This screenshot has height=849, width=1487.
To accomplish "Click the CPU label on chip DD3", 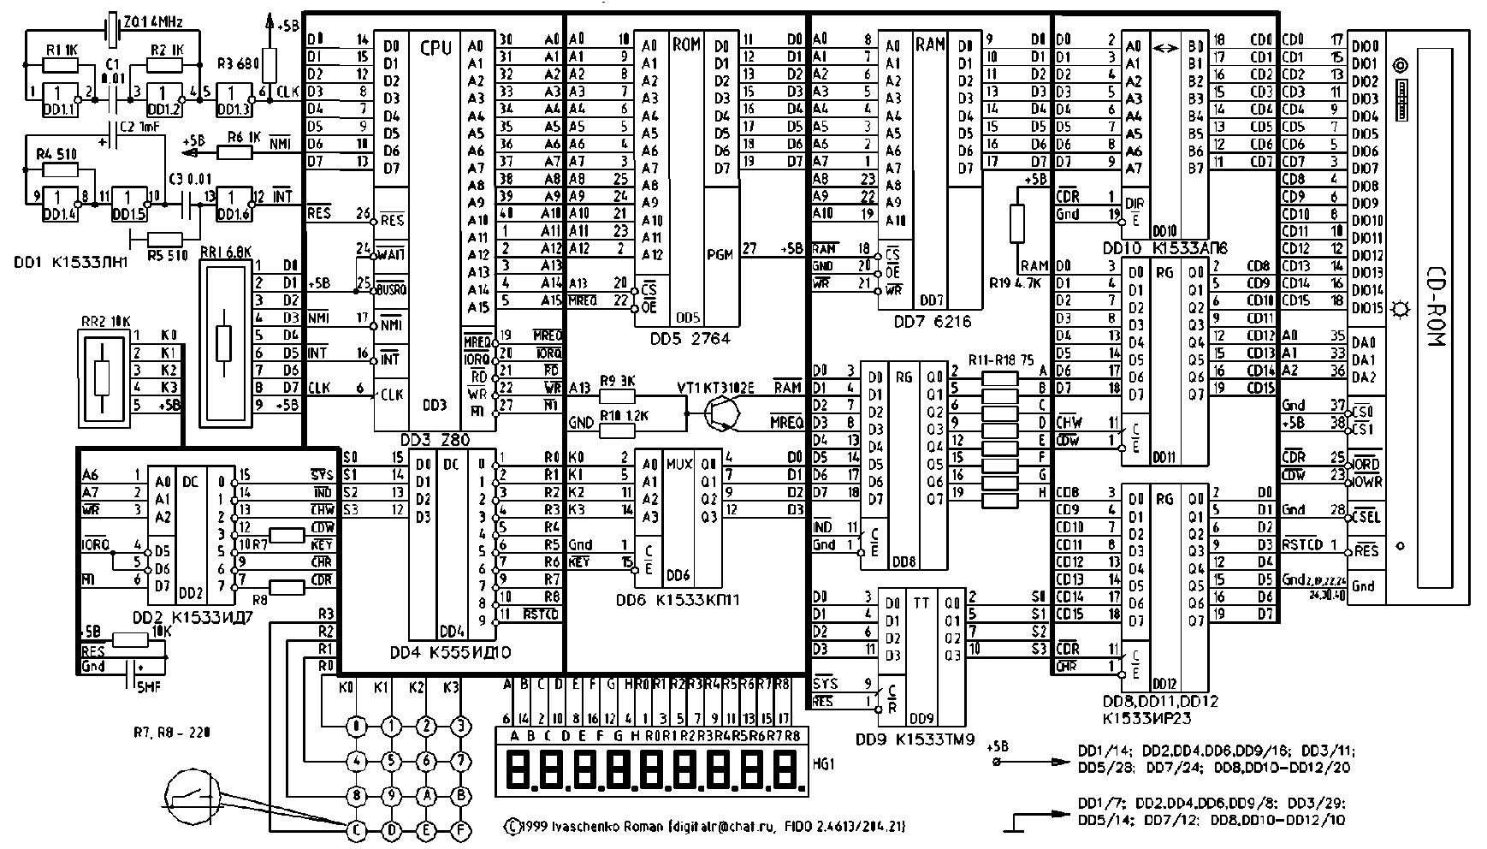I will pos(435,49).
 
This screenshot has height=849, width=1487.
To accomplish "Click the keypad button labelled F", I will pos(461,828).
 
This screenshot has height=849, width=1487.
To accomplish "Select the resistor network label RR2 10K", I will pos(104,322).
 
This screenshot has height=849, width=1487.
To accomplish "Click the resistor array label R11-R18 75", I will pos(1000,359).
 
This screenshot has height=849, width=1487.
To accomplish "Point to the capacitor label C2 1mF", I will pos(139,128).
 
